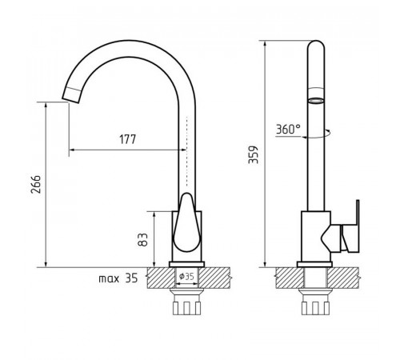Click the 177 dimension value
coord(127,139)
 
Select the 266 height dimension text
coord(36,184)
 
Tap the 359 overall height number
coord(253,154)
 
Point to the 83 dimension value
coord(142,240)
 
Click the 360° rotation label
coord(288,129)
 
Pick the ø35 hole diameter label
coord(186,276)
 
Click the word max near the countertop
coord(109,279)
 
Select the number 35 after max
coord(131,278)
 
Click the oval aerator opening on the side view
coord(316,101)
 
